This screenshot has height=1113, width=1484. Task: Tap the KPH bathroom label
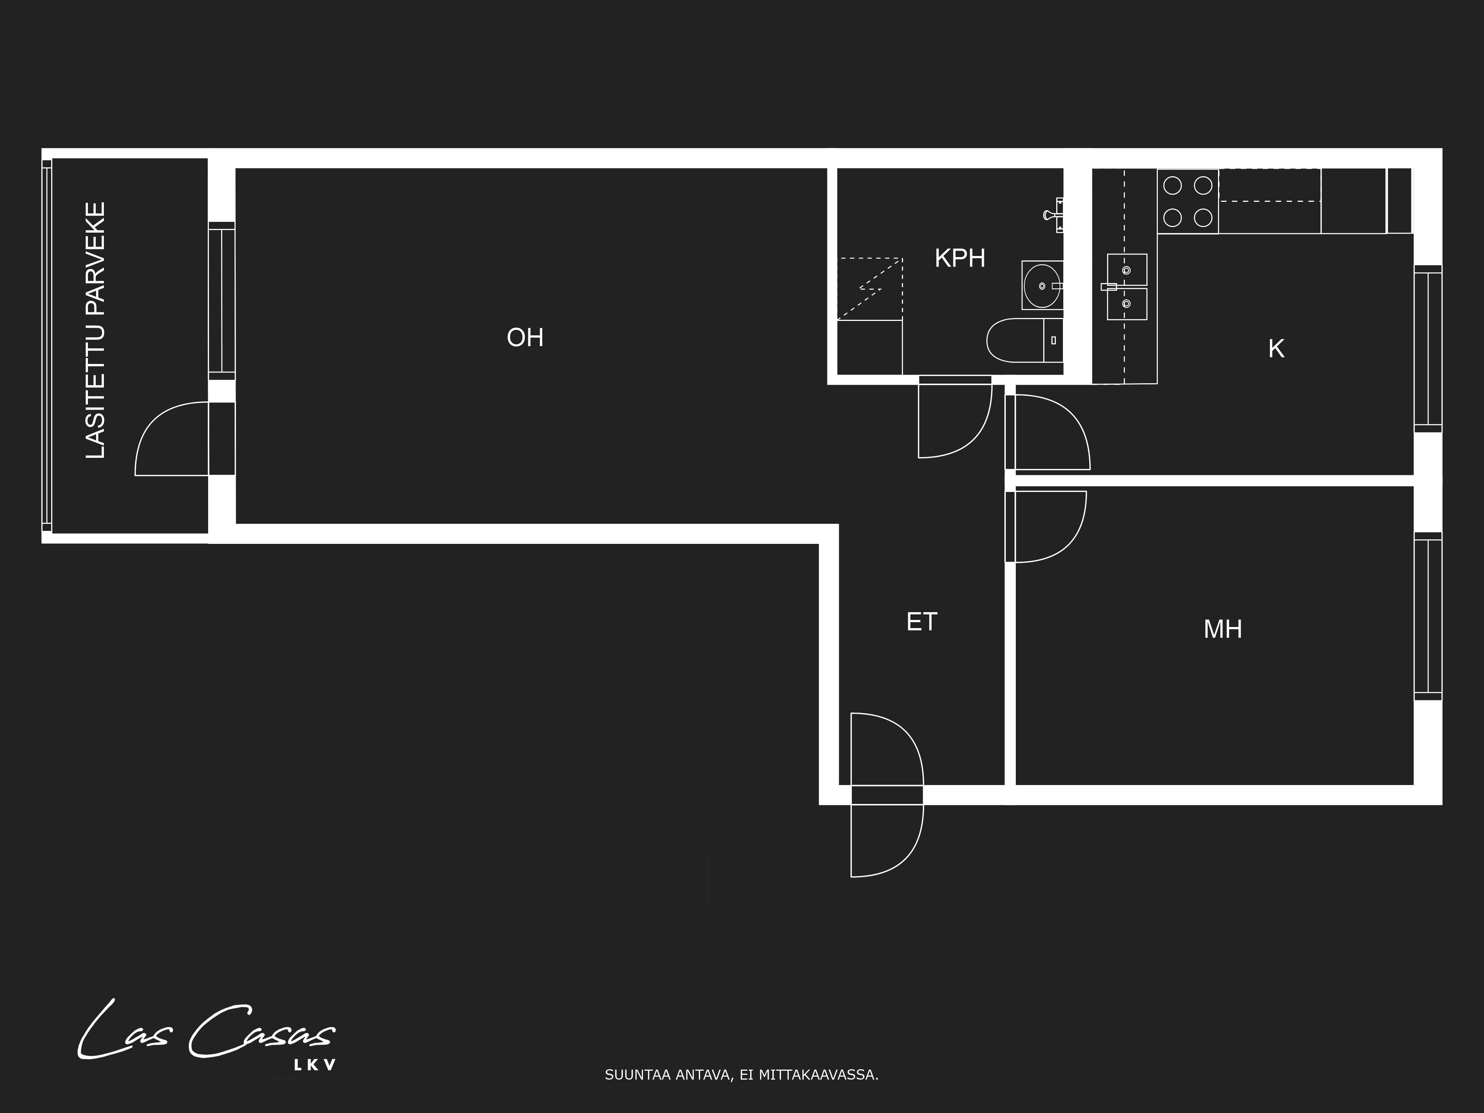pyautogui.click(x=960, y=258)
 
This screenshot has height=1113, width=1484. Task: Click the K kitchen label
pyautogui.click(x=1276, y=349)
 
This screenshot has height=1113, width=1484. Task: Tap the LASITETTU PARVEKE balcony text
pyautogui.click(x=96, y=331)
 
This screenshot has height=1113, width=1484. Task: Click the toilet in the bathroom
pyautogui.click(x=1024, y=340)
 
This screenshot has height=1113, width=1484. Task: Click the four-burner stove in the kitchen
pyautogui.click(x=1188, y=201)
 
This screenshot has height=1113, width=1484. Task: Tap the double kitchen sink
pyautogui.click(x=1126, y=286)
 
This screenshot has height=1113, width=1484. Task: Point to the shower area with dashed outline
pyautogui.click(x=870, y=289)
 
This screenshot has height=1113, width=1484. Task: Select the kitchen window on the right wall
pyautogui.click(x=1428, y=349)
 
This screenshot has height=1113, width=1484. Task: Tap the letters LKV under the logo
pyautogui.click(x=315, y=1066)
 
